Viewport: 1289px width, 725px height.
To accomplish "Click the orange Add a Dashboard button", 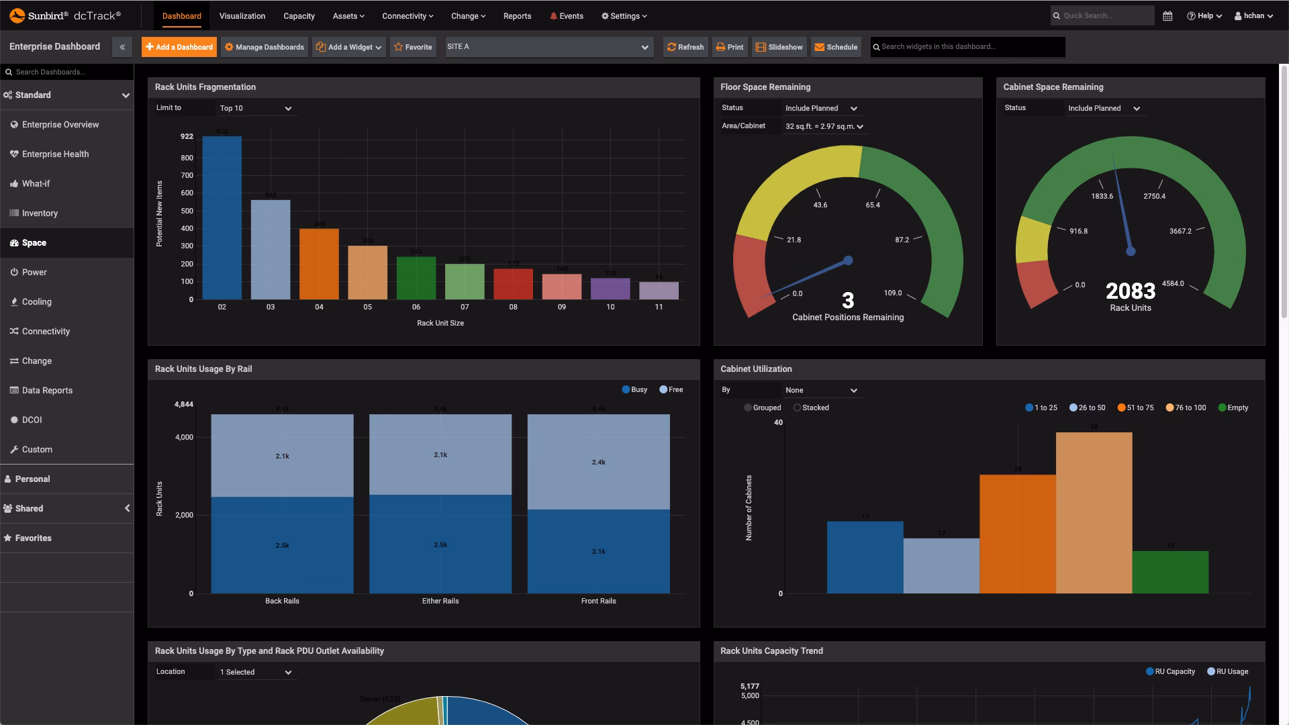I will [179, 47].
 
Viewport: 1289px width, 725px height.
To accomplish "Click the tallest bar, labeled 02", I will [222, 217].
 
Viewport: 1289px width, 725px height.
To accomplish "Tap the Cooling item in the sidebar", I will [36, 302].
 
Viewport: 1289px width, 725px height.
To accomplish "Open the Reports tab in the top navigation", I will [517, 15].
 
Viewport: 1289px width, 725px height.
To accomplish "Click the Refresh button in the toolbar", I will [685, 47].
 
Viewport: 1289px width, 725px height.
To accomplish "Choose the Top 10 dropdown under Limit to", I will [256, 108].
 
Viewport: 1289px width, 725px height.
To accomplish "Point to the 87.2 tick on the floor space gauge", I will [902, 240].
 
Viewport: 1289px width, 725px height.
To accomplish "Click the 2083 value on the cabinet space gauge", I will [1131, 291].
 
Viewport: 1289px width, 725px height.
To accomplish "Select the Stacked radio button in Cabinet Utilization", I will [797, 407].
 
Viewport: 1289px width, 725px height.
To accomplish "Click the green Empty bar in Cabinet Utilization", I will [1170, 572].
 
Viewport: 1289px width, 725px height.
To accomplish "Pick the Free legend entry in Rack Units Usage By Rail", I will [671, 389].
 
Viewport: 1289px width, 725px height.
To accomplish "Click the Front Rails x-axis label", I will [598, 601].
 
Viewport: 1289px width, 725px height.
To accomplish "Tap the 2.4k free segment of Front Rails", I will [598, 462].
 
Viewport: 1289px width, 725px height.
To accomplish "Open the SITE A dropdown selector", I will [548, 47].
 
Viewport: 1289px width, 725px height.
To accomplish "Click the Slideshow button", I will [779, 47].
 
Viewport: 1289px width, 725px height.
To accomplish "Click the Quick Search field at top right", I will [1104, 15].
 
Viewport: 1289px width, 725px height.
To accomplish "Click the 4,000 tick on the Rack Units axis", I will [184, 437].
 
